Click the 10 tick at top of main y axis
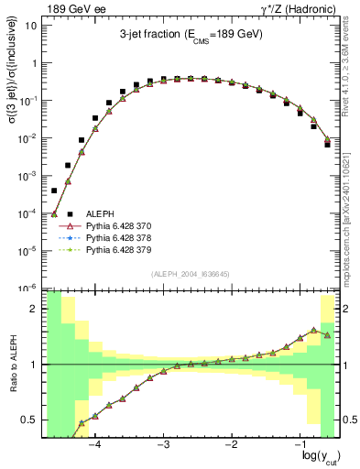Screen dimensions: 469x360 (x=30, y=26)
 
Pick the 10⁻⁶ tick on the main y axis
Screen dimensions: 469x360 (x=27, y=288)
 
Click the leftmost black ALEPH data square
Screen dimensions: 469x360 (x=54, y=191)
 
